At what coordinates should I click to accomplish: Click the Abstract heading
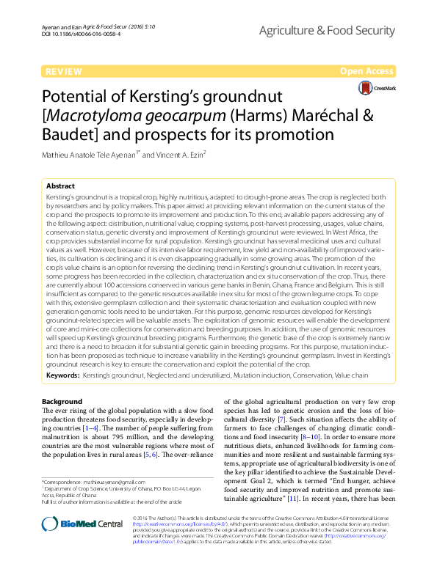60,187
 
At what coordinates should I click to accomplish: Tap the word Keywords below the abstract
62,374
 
